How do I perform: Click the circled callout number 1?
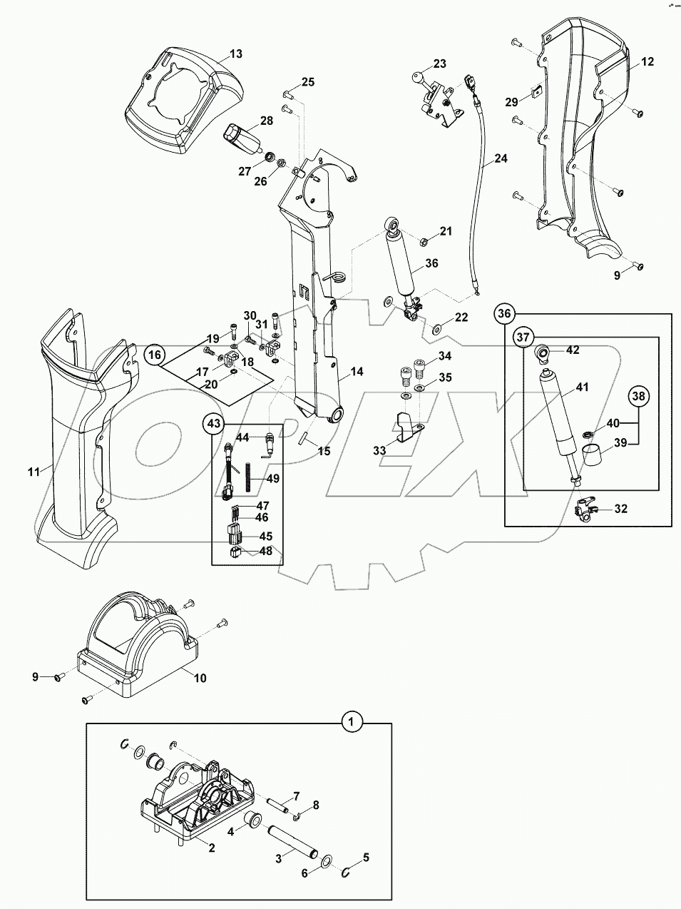350,722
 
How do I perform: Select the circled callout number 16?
156,353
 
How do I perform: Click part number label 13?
235,54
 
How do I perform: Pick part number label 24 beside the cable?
501,158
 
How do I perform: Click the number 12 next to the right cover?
647,62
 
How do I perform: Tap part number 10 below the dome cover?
200,677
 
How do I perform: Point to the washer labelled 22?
436,330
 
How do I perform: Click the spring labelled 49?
247,477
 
